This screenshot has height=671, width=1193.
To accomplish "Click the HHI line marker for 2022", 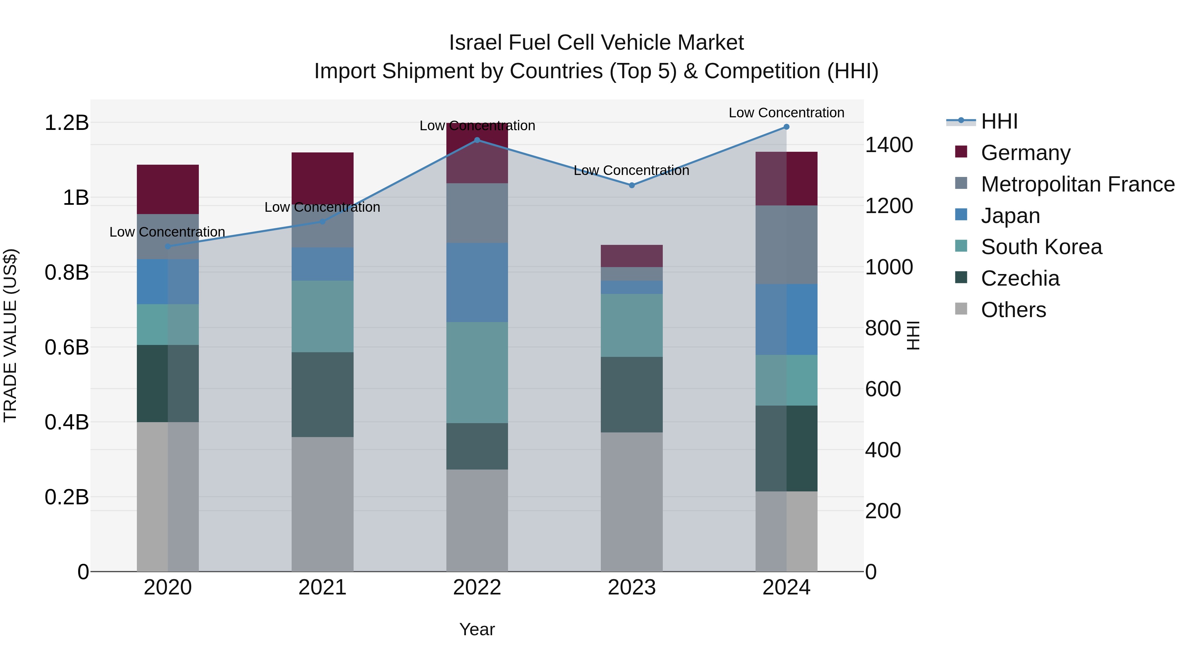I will [x=477, y=140].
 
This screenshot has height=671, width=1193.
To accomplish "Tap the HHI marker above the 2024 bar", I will [x=786, y=127].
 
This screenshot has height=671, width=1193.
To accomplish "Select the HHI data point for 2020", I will [x=168, y=246].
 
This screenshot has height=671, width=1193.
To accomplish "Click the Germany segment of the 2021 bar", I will [x=322, y=178].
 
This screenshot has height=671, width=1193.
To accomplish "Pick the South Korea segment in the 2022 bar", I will [x=477, y=372].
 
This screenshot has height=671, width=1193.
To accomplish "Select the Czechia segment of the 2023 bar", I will [x=632, y=395].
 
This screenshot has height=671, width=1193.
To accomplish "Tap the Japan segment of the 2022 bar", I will [x=477, y=282].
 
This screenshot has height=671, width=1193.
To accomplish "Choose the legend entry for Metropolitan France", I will [x=1077, y=184].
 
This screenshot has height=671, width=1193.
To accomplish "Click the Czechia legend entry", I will [x=1020, y=278].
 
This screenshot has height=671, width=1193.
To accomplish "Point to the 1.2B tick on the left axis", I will [x=67, y=123].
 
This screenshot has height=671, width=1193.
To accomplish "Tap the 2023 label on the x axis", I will [x=632, y=587].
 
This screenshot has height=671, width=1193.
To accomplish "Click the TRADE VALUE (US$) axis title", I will [x=10, y=335].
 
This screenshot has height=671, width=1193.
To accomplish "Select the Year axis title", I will [x=477, y=629].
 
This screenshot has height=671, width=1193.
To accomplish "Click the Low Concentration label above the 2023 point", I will [x=631, y=170].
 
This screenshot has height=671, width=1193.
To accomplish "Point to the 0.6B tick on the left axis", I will [x=67, y=347].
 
